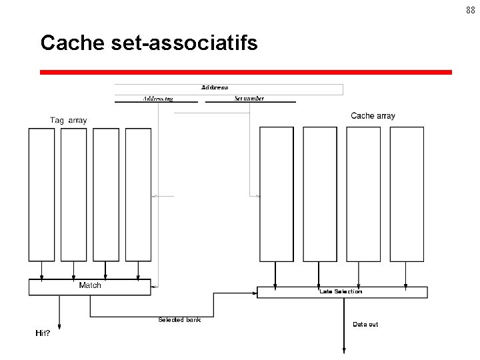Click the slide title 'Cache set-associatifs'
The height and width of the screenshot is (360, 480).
(x=149, y=43)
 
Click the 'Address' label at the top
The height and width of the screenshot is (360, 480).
(x=215, y=87)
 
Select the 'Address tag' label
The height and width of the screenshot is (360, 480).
(x=158, y=99)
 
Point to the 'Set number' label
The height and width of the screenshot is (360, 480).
(x=249, y=99)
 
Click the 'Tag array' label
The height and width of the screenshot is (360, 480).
(x=68, y=121)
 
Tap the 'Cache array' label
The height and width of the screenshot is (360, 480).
(x=373, y=116)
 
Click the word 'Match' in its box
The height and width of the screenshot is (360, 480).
(x=90, y=285)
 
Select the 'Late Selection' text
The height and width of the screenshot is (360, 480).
(x=341, y=291)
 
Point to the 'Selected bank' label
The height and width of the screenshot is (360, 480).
(x=179, y=320)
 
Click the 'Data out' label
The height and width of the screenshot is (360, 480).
(x=365, y=325)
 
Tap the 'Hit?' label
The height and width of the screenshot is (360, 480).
(x=43, y=333)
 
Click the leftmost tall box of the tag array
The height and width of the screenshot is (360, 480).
(x=41, y=195)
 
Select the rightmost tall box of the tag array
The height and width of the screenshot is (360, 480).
(x=138, y=195)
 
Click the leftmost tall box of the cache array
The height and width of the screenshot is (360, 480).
(x=276, y=195)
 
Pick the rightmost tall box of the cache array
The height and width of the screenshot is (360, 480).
(x=407, y=195)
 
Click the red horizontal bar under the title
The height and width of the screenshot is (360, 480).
(x=245, y=72)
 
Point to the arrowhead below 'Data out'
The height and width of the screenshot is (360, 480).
(x=344, y=349)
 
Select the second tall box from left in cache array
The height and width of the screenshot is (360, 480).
(x=320, y=195)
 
